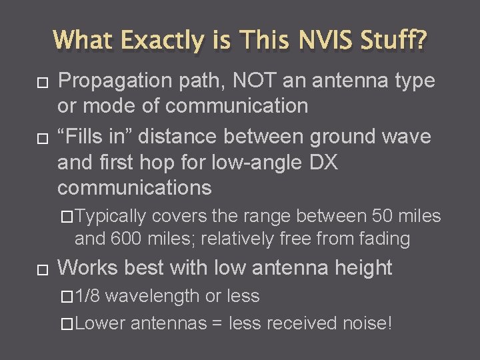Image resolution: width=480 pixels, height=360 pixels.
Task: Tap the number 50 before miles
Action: click(x=383, y=216)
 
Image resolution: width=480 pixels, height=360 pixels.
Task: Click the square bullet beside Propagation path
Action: click(x=42, y=82)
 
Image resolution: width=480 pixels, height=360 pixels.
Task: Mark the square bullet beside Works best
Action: click(x=42, y=269)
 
